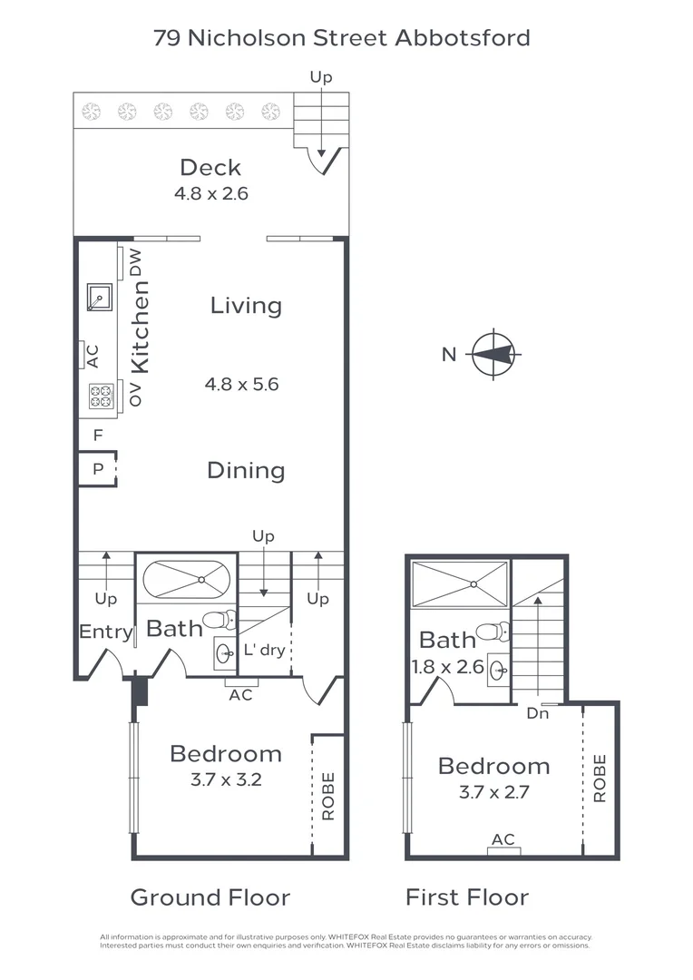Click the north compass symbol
pos(493,354)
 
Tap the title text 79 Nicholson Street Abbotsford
pos(342,38)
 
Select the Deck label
pos(210,167)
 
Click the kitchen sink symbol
pos(99,297)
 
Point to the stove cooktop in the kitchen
pos(100,396)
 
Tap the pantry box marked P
pos(97,470)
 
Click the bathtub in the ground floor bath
pos(187,580)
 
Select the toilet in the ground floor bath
pos(218,621)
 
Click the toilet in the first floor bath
pos(493,632)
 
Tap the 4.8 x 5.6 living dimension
pos(241,384)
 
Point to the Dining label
pos(246,470)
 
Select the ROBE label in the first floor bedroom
pos(600,778)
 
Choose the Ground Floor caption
pos(210,897)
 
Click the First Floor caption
pos(466,897)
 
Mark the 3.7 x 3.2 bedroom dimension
pos(227,779)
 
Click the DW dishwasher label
pos(136,262)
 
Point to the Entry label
pos(106,632)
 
